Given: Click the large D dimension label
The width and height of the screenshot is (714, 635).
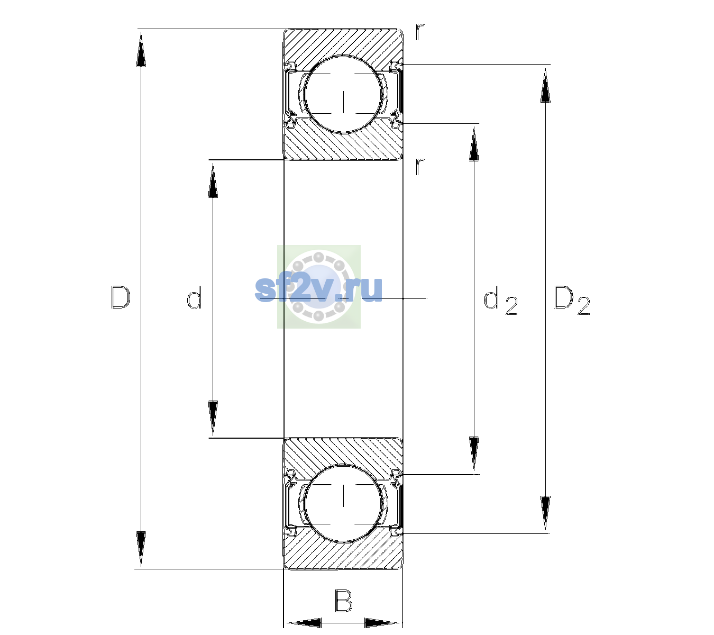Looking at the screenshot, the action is pyautogui.click(x=121, y=297).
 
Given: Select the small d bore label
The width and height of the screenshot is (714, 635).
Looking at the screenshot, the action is pyautogui.click(x=194, y=297).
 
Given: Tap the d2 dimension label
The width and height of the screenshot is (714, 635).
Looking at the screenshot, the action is pyautogui.click(x=500, y=300).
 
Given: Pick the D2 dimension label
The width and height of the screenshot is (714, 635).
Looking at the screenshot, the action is pyautogui.click(x=572, y=300).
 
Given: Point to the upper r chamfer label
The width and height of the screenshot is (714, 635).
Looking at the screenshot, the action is pyautogui.click(x=420, y=32).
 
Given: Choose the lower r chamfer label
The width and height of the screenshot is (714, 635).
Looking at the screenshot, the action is pyautogui.click(x=420, y=166).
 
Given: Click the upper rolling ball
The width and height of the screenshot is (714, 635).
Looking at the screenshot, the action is pyautogui.click(x=343, y=95).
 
